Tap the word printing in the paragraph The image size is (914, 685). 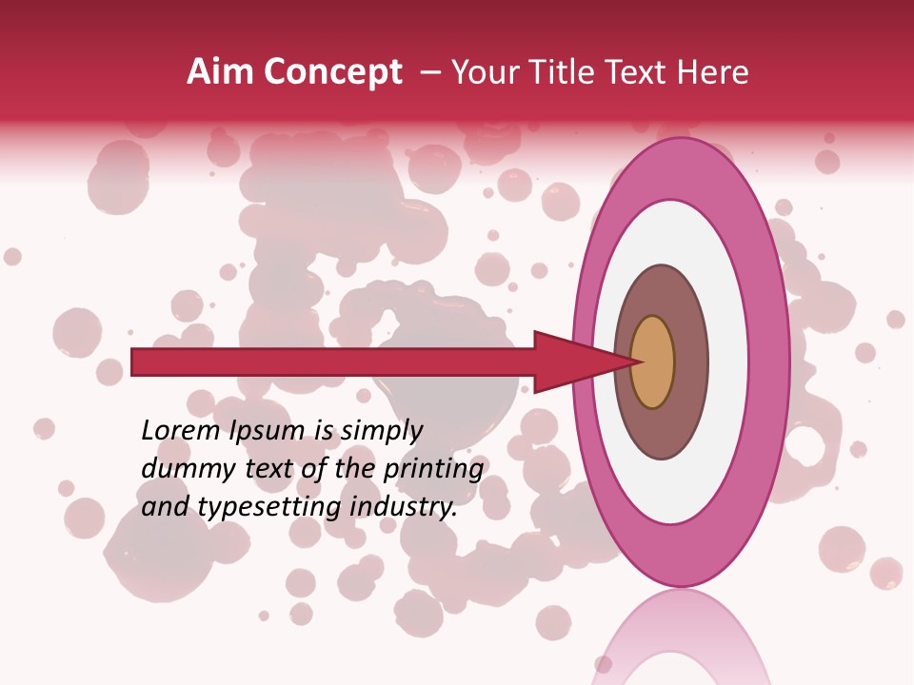(432, 469)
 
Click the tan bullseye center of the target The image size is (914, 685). (653, 362)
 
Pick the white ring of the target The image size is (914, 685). (728, 362)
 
